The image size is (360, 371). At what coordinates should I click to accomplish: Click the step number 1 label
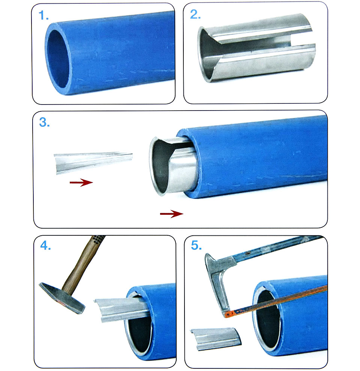43,16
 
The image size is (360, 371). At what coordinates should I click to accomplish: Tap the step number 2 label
195,15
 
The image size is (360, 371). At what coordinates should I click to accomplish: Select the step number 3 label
44,122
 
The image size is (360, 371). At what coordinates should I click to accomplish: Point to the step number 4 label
45,245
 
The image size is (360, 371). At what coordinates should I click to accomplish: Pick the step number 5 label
196,245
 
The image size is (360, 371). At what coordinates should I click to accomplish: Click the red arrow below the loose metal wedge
81,183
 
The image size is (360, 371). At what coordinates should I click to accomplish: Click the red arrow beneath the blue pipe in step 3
172,214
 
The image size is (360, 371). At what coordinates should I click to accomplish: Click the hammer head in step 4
62,298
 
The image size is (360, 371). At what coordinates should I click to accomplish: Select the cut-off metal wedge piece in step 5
216,339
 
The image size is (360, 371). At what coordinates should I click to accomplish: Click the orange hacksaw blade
276,301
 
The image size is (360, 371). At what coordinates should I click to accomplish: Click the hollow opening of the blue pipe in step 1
58,59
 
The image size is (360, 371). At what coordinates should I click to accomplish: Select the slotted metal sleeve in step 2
256,48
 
